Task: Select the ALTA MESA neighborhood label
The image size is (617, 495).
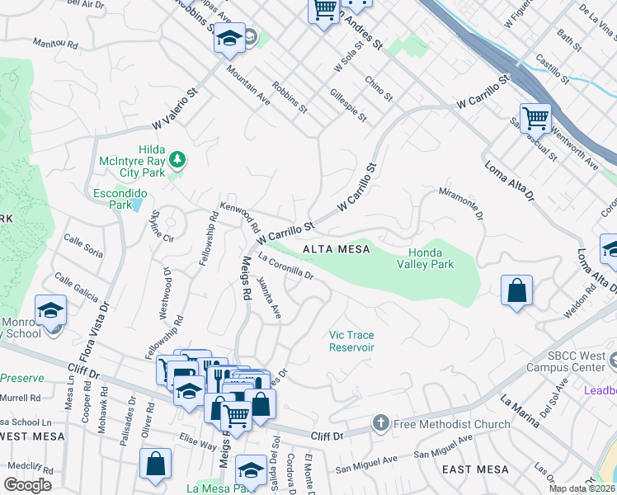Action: (x=335, y=248)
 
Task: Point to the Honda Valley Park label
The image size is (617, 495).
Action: (x=431, y=259)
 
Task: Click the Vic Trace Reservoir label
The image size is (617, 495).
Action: (x=352, y=341)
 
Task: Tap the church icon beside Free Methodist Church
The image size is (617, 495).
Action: (x=380, y=424)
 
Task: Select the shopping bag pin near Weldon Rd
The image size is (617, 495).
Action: (x=516, y=290)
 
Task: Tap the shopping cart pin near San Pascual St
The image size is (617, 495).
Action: (x=535, y=119)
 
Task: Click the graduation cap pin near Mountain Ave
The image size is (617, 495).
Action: (x=230, y=38)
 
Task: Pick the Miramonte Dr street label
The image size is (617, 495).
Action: (x=459, y=203)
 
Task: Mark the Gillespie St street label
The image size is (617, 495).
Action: (x=347, y=105)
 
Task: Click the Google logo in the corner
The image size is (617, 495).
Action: (x=28, y=485)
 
